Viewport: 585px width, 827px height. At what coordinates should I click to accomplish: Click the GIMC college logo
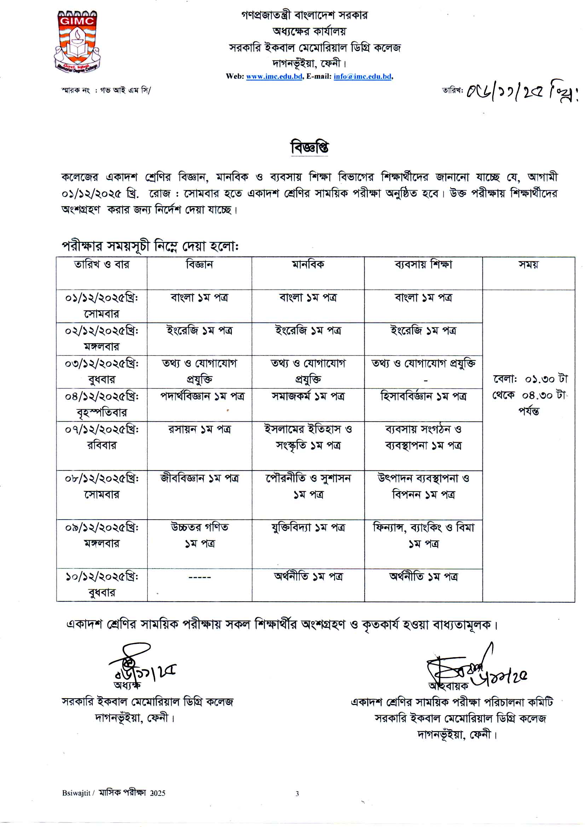point(77,41)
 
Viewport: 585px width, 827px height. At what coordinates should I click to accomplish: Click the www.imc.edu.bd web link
point(274,76)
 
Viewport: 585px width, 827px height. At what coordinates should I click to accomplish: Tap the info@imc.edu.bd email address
point(362,76)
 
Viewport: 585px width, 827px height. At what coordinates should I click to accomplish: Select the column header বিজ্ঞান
point(199,265)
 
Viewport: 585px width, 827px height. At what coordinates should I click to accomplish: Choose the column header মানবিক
point(308,265)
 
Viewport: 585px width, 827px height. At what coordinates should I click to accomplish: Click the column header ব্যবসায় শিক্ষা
point(423,265)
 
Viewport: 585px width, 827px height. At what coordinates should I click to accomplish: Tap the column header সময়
point(528,265)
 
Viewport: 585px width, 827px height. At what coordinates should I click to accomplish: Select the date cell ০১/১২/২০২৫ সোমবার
point(102,306)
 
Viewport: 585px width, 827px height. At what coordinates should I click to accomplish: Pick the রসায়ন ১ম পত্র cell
point(199,429)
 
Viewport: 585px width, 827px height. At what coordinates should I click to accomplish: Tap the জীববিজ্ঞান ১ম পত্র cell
point(199,478)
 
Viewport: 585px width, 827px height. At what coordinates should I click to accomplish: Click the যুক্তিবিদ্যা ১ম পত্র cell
point(308,528)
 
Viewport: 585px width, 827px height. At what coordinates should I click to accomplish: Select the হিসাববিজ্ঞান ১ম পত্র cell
point(423,397)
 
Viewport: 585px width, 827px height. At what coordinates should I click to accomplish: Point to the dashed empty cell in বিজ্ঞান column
point(199,577)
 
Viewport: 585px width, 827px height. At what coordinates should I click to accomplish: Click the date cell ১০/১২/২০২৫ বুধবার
point(102,585)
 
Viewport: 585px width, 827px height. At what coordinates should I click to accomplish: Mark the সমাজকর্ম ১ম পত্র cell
point(308,397)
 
